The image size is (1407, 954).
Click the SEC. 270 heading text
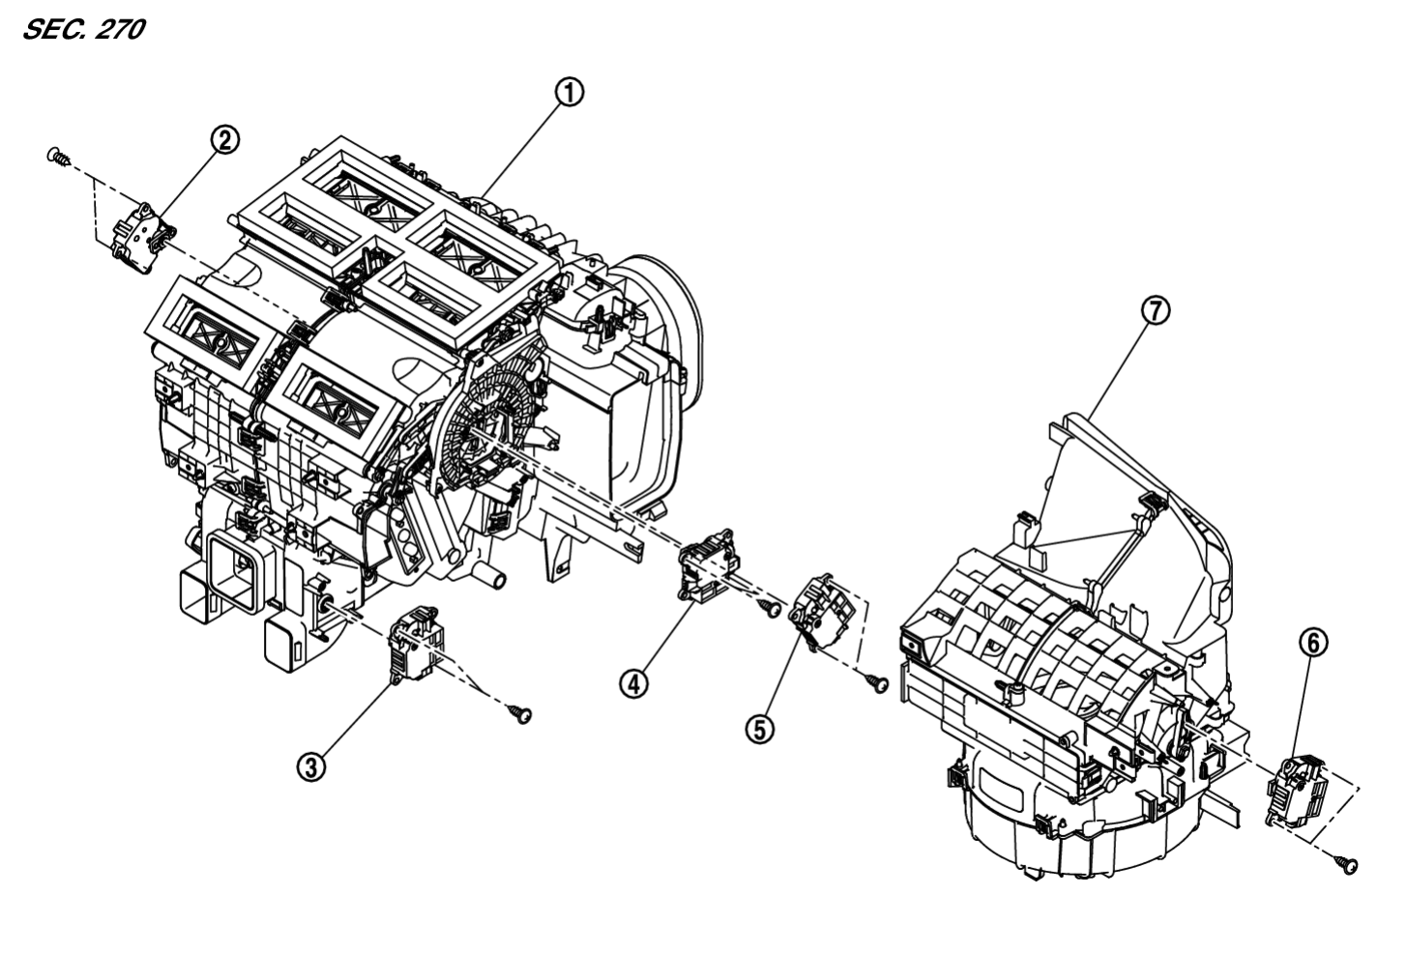[x=82, y=30]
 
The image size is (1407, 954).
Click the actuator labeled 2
[x=142, y=233]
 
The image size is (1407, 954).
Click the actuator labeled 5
[x=821, y=610]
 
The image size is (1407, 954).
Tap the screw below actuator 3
[x=521, y=714]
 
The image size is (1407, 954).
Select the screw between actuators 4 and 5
[x=771, y=608]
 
